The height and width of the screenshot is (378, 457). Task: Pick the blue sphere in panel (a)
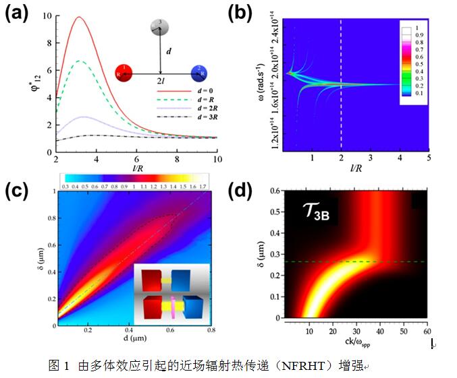pyautogui.click(x=199, y=72)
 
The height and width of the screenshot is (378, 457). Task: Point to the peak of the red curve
pyautogui.click(x=79, y=17)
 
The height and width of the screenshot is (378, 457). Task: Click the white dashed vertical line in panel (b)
pyautogui.click(x=341, y=81)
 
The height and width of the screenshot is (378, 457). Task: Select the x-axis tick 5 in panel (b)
pyautogui.click(x=428, y=157)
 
